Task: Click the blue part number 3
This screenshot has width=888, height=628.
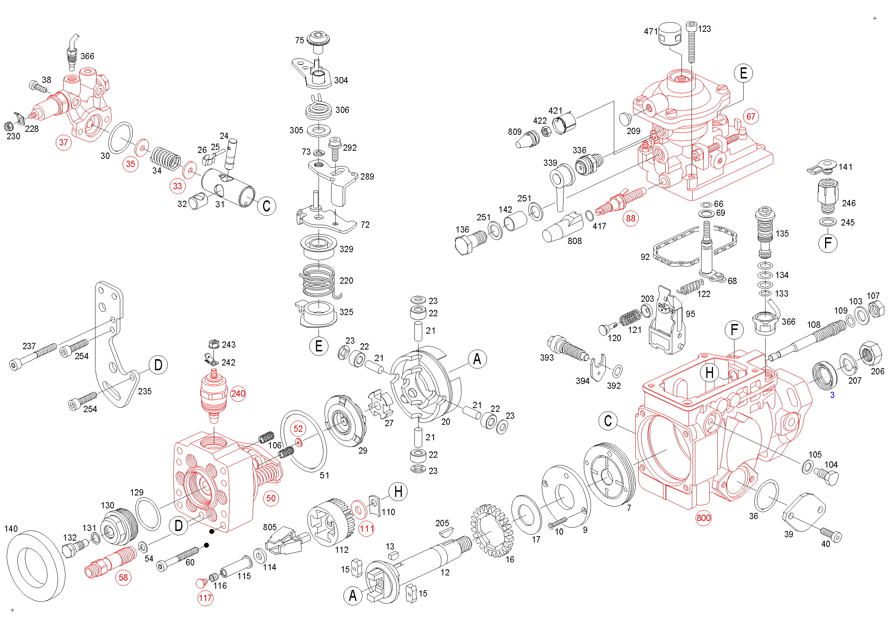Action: [x=832, y=395]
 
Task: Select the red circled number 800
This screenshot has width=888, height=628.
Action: [x=703, y=518]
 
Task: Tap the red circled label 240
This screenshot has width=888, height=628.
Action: [x=238, y=394]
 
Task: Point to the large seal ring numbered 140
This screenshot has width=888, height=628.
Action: [x=36, y=566]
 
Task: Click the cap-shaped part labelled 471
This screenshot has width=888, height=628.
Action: [x=669, y=34]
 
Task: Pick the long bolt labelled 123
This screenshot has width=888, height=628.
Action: [x=691, y=42]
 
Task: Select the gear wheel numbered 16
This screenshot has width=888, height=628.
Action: [x=492, y=531]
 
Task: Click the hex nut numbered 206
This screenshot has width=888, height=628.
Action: [x=870, y=353]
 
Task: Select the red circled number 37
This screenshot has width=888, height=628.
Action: [x=63, y=143]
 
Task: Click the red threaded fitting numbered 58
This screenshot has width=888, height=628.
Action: [x=111, y=562]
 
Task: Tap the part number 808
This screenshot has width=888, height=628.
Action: [x=574, y=241]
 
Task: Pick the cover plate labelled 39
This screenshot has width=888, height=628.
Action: [x=804, y=512]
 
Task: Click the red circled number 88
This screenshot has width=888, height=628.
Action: [x=630, y=218]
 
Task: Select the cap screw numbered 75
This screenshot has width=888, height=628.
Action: [x=318, y=42]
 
